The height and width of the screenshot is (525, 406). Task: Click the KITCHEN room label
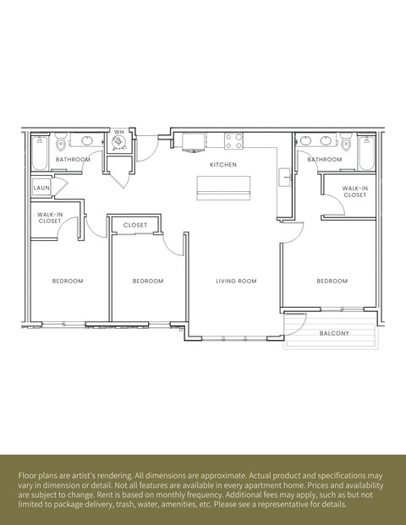point(223,164)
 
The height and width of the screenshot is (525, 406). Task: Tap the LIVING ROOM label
point(236,281)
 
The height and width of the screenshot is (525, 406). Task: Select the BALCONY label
point(334,333)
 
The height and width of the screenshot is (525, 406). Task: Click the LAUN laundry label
point(41,187)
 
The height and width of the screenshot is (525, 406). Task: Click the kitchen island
point(223,189)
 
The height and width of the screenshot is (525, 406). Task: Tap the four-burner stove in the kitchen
point(233,140)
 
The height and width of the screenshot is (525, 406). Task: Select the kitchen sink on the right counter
point(285,176)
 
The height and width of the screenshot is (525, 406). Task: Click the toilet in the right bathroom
point(345,141)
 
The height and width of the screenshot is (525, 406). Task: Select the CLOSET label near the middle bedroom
point(135,225)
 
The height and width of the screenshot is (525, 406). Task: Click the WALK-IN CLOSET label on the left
point(50,218)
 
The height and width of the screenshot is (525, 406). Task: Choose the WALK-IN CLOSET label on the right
point(354,192)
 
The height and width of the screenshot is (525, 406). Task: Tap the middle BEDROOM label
point(148,281)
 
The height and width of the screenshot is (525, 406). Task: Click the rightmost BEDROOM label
point(332,281)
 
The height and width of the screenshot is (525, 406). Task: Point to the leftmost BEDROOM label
point(68,281)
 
